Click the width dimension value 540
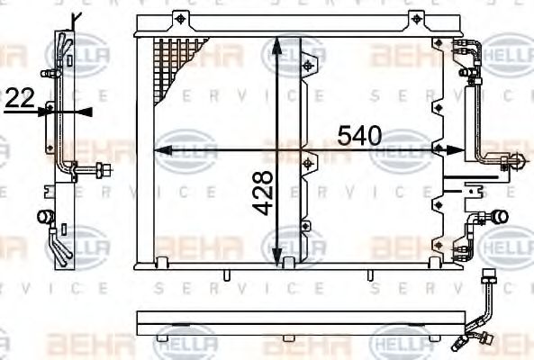(359, 135)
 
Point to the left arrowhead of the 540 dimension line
(163, 149)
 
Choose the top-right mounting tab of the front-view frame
(416, 19)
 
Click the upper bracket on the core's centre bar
(311, 64)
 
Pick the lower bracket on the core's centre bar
(311, 164)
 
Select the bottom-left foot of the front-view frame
(165, 263)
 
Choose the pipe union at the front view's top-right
(469, 49)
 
